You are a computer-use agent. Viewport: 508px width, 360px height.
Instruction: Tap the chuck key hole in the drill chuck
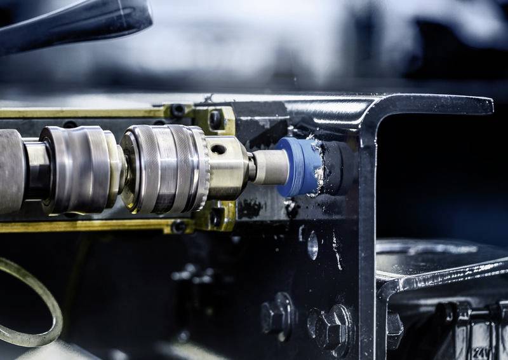pyautogui.click(x=218, y=149)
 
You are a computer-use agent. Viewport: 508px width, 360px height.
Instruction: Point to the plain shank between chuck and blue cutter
pyautogui.click(x=269, y=167)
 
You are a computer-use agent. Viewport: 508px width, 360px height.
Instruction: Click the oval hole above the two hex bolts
pyautogui.click(x=312, y=246)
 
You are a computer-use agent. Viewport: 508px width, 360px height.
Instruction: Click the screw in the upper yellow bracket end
pyautogui.click(x=215, y=119)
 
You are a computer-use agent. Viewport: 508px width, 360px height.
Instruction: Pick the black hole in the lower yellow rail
pyautogui.click(x=179, y=226)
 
